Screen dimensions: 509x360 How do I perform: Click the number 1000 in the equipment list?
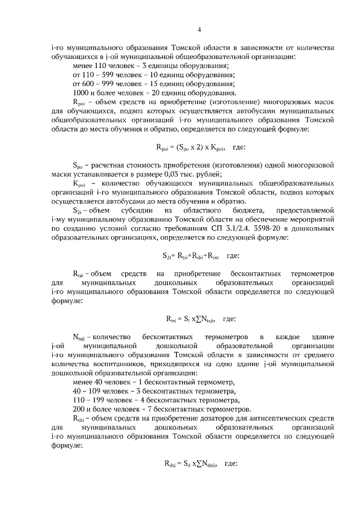point(83,93)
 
